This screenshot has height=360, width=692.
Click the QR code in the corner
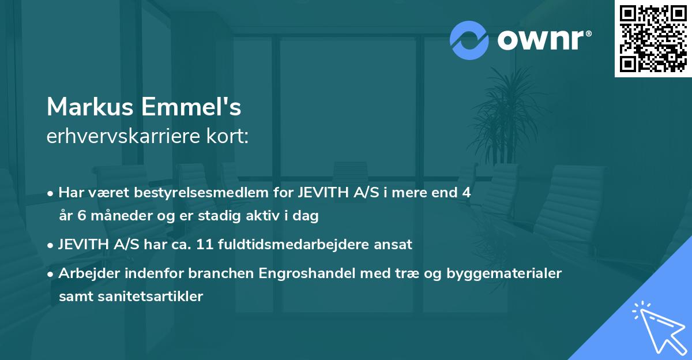click(x=653, y=39)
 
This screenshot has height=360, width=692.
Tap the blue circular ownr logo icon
click(x=469, y=40)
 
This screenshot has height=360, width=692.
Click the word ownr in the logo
click(x=543, y=40)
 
